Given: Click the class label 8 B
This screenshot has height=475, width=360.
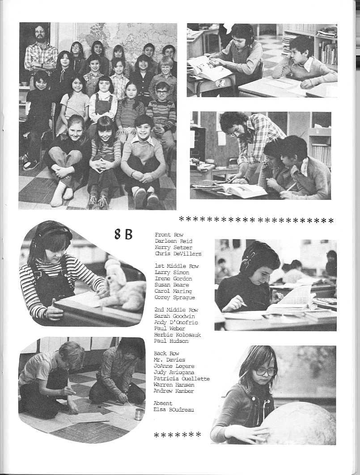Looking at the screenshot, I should click(123, 234).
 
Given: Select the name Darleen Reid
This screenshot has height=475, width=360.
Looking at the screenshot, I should click(174, 241).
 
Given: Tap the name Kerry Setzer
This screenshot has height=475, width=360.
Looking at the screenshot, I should click(174, 248).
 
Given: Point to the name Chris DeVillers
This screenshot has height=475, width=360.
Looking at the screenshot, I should click(178, 254).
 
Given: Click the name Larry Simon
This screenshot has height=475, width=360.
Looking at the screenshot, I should click(172, 273).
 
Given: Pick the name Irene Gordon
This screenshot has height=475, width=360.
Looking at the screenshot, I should click(174, 279).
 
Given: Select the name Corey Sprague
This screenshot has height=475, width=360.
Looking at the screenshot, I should click(174, 298).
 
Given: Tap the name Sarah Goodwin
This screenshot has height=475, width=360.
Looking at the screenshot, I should click(175, 316).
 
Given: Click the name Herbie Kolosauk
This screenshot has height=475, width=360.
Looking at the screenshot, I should click(178, 335).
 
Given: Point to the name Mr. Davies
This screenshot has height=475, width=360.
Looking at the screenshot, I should click(169, 360).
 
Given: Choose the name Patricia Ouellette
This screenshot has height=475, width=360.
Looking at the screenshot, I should click(182, 378).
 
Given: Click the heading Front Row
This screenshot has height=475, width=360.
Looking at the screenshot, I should click(166, 235).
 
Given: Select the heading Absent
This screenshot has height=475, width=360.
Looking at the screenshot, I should click(163, 403).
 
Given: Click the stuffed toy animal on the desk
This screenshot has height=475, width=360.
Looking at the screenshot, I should click(122, 286).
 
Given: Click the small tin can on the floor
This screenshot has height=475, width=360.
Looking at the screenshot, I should click(139, 414).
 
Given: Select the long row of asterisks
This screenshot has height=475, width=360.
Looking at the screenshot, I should click(256, 220).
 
